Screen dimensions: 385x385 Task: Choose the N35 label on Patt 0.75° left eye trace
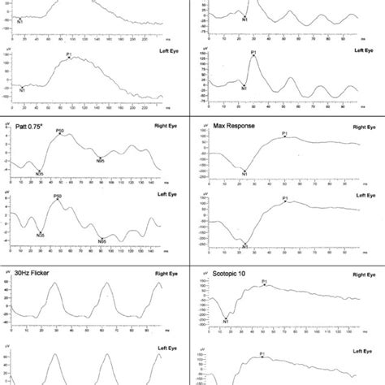(x=39, y=235)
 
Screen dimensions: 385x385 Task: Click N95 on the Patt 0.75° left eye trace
(x=102, y=241)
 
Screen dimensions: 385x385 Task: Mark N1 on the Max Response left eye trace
(x=244, y=245)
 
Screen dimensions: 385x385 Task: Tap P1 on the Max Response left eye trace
(x=285, y=197)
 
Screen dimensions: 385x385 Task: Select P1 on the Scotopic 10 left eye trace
(x=262, y=353)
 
